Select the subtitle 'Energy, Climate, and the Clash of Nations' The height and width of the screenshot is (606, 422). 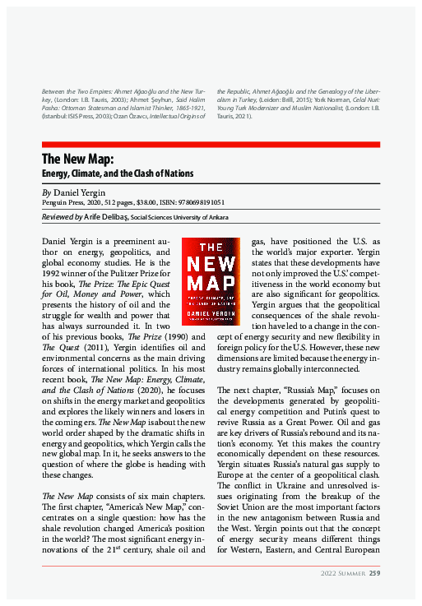click(118, 173)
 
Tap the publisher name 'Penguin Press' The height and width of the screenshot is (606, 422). click(63, 202)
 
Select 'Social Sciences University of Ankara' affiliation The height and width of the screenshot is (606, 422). click(179, 218)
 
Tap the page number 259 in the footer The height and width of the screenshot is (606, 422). click(374, 573)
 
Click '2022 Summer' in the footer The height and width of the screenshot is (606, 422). click(343, 573)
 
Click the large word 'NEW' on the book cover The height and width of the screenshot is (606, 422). click(209, 265)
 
